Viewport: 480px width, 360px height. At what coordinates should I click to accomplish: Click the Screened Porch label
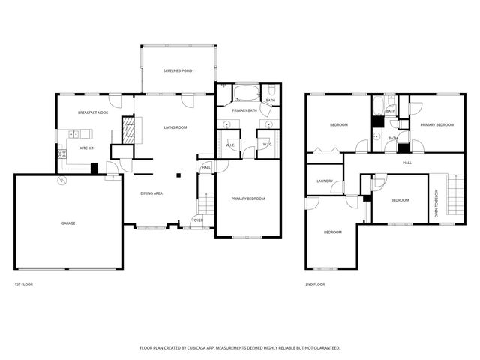tap(178, 70)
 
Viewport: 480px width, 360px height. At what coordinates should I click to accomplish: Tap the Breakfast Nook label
tap(93, 112)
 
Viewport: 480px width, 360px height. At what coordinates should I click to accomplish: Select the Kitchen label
tap(88, 148)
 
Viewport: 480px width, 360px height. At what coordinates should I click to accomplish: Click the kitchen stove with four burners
tap(61, 155)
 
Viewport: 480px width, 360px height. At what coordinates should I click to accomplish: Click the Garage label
tap(68, 223)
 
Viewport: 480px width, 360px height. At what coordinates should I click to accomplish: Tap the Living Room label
tap(175, 127)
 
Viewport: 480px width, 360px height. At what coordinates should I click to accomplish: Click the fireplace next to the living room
tap(130, 129)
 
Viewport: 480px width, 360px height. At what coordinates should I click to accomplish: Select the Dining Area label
tap(152, 193)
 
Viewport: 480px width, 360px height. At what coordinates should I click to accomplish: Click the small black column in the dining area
tap(178, 176)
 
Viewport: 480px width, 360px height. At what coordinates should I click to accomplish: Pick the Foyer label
tap(197, 220)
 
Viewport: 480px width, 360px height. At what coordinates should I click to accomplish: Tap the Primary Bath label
tap(244, 110)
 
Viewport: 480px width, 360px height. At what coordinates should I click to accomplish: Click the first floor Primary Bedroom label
tap(247, 199)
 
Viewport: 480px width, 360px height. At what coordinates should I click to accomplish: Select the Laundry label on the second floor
tap(325, 181)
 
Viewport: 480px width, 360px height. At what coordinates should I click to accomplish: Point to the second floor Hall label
tap(407, 162)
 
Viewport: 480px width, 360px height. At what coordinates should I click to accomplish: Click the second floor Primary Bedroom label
tap(437, 124)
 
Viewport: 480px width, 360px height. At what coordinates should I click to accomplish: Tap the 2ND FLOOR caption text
tap(315, 284)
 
